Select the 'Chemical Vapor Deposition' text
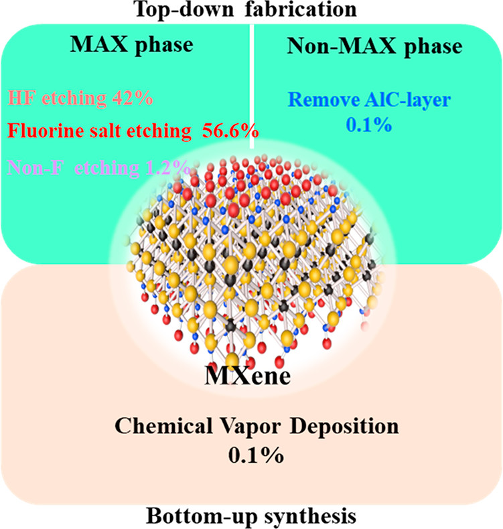point(251,427)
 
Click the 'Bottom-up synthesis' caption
point(251,517)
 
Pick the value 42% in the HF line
point(133,99)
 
